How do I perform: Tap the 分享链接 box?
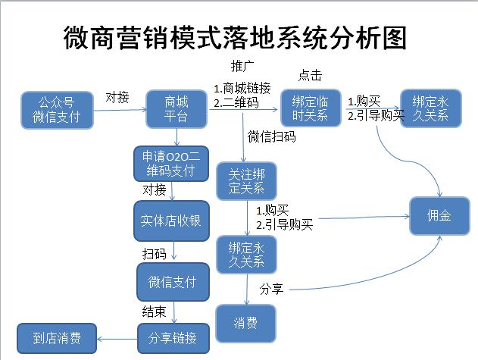tap(173, 337)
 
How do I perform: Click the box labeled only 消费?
tap(246, 323)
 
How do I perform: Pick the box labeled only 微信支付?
tap(171, 282)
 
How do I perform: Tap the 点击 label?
tap(310, 75)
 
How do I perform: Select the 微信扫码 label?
tap(271, 137)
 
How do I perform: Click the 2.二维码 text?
tap(236, 101)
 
